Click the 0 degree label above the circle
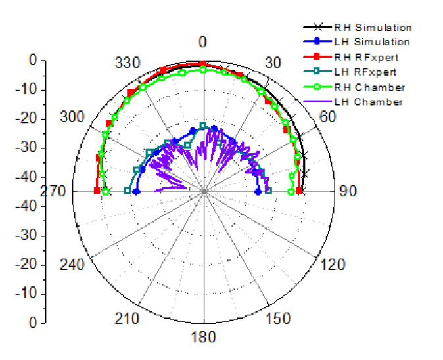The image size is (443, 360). click(202, 43)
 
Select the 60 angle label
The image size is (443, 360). click(327, 116)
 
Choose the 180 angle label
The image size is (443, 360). click(203, 338)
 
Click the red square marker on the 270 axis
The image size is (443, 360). click(97, 191)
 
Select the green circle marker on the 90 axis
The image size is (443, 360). click(291, 191)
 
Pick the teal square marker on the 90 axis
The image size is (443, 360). click(268, 191)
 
